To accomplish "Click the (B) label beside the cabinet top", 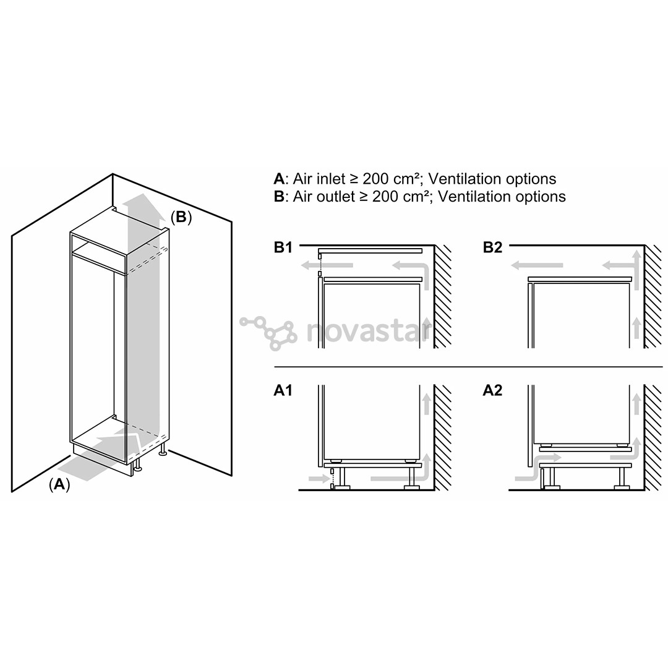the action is (x=181, y=217).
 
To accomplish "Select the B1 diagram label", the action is (x=283, y=247).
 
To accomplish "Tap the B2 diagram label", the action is (x=493, y=247).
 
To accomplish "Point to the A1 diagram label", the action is (x=283, y=390).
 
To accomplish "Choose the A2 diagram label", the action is (x=492, y=390).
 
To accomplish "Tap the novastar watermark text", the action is (x=369, y=332).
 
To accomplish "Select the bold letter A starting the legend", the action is (x=279, y=179).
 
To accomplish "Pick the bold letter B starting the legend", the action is (x=279, y=197).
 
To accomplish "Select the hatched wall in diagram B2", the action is (x=654, y=296).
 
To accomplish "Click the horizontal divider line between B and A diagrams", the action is (x=468, y=366).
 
